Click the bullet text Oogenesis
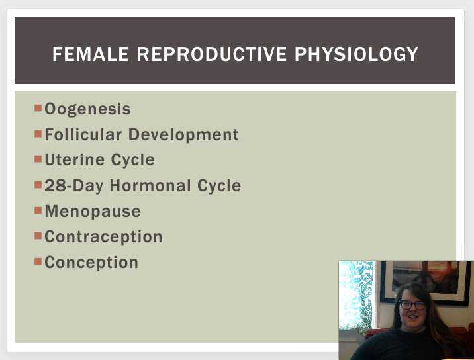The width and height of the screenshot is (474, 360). click(87, 109)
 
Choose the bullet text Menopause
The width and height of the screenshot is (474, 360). click(93, 212)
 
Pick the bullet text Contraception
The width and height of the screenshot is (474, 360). click(103, 237)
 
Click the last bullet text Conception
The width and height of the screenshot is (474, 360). click(91, 263)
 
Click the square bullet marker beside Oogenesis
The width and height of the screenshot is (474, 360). click(38, 107)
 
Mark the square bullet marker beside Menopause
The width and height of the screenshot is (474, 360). click(38, 210)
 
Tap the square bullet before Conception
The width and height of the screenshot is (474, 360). click(38, 261)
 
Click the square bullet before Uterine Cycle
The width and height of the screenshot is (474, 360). click(38, 158)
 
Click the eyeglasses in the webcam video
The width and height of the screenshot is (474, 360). click(412, 305)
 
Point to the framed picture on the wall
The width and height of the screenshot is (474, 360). click(424, 281)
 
